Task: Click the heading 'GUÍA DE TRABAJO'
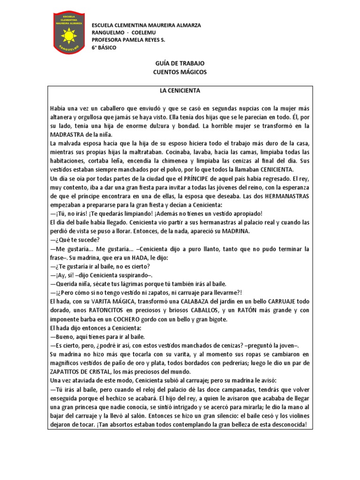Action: (x=180, y=63)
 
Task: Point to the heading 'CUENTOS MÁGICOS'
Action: (x=180, y=72)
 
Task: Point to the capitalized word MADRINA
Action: (x=232, y=232)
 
